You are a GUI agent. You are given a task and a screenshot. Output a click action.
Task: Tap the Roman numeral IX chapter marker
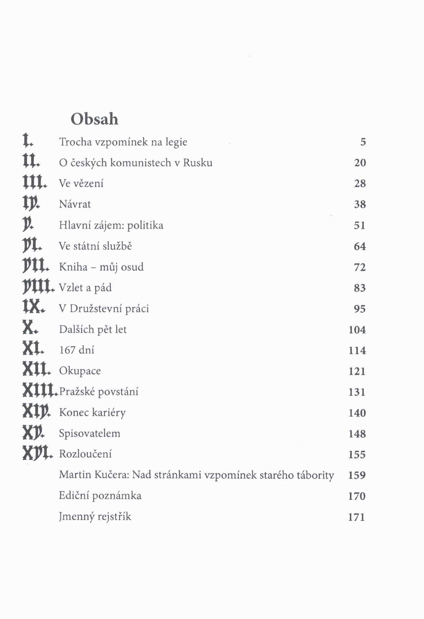pos(32,308)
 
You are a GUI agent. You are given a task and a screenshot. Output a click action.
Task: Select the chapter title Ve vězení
pos(81,184)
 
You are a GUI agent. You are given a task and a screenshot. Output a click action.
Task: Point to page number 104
pos(357,330)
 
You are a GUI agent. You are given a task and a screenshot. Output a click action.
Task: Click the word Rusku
pos(197,163)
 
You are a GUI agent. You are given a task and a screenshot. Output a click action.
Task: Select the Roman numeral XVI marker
pos(37,454)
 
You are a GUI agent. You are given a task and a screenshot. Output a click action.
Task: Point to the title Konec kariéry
pos(92,413)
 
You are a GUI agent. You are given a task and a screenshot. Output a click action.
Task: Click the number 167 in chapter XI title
pos(68,350)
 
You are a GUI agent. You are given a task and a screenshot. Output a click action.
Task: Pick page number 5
pos(363,142)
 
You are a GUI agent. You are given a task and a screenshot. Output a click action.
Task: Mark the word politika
pos(145,226)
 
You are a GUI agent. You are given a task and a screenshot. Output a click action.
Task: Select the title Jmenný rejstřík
pos(95,517)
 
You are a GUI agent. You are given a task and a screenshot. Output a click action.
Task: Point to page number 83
pos(360,288)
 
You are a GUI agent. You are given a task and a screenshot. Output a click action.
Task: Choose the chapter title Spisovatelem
pos(90,433)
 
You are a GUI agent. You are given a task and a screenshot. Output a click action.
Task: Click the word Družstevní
pos(96,309)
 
